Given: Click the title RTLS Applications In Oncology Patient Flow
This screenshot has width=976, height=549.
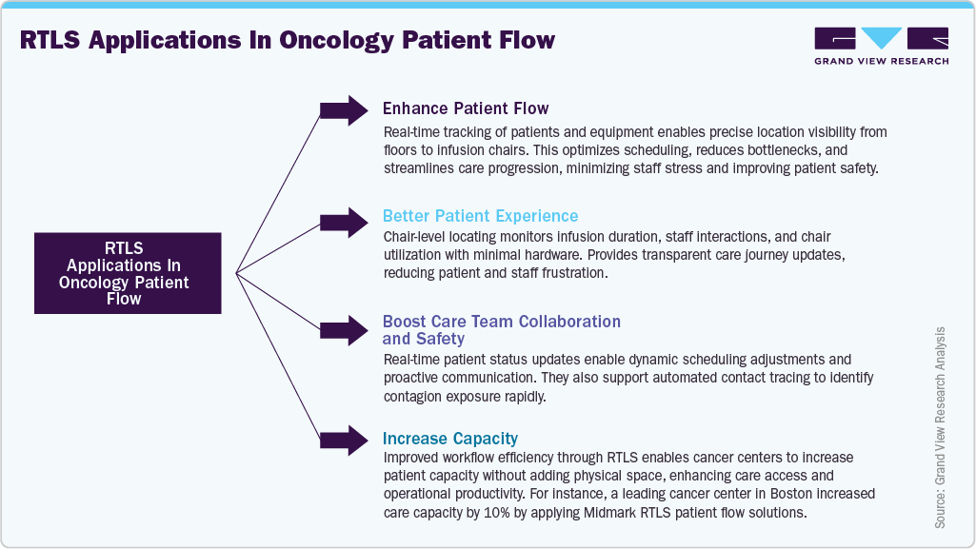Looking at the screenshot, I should [286, 41].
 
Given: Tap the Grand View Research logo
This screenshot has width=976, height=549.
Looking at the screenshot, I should [881, 46].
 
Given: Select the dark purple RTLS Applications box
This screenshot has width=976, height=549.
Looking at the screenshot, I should [128, 273].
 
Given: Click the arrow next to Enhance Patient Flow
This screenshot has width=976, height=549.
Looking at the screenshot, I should [344, 110].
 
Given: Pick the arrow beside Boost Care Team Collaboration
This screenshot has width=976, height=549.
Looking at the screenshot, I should [344, 328].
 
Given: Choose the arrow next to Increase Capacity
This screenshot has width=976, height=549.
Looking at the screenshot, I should [344, 439].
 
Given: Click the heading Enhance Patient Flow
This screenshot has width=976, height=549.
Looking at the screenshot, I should [466, 108].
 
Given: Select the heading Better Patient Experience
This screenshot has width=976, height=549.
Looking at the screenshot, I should [480, 216].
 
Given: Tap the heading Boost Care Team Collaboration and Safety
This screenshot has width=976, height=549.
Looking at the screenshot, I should [501, 329].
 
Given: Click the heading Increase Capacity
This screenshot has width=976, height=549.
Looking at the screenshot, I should [450, 439].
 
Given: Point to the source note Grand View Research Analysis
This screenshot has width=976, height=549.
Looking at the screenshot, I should [940, 427].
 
